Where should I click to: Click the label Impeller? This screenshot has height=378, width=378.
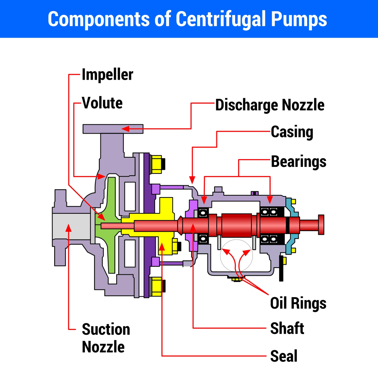(107, 75)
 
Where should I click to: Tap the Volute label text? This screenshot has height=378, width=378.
(102, 103)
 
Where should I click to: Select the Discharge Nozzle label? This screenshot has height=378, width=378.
(270, 105)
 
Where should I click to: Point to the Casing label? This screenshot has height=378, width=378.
(292, 132)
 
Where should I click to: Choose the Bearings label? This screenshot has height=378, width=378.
(299, 161)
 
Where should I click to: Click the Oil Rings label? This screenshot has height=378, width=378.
(298, 303)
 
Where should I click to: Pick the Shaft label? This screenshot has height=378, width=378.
(287, 328)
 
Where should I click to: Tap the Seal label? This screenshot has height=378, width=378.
(283, 356)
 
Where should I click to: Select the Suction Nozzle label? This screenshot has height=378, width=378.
(106, 338)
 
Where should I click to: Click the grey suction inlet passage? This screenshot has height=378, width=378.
(71, 226)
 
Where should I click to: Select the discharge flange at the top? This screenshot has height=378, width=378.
(113, 129)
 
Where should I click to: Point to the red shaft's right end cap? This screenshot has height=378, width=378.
(321, 224)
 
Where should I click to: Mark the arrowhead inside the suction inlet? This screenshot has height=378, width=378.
(68, 227)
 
